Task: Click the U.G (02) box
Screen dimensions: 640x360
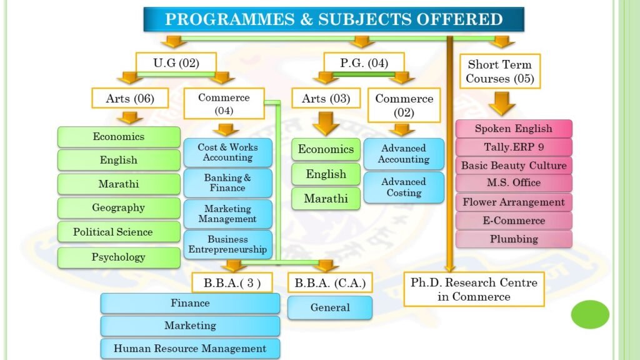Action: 176,62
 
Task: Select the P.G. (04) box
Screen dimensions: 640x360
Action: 364,62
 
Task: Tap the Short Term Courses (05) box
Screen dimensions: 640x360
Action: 500,71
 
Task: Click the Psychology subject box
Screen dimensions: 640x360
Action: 119,257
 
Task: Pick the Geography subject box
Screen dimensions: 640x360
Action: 119,207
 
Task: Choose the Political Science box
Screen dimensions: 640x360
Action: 119,232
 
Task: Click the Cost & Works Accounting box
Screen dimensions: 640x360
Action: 227,152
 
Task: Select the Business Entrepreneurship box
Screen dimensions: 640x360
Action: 227,244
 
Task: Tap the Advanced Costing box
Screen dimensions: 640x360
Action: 404,187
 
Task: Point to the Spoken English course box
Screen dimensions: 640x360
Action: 514,129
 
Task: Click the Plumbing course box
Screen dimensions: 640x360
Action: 514,239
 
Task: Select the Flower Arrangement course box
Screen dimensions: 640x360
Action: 514,202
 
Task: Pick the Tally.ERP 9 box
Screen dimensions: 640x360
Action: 514,147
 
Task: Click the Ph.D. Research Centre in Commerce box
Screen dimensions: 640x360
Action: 474,289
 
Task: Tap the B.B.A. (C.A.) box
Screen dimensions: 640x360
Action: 330,283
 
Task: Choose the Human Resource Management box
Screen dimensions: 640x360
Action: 190,349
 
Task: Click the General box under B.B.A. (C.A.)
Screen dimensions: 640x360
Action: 330,307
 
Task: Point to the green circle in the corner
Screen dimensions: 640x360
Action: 590,314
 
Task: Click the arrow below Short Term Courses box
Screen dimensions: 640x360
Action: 502,104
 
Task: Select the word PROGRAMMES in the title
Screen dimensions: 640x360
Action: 230,19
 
